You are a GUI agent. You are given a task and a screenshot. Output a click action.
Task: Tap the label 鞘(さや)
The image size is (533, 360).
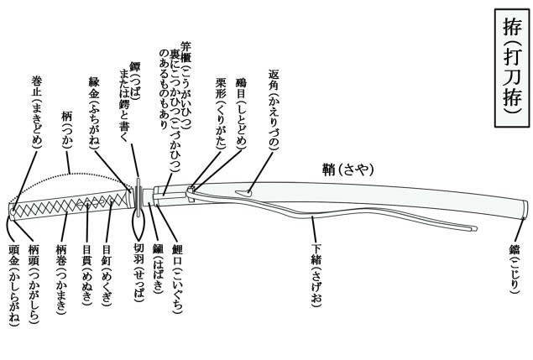point(344,169)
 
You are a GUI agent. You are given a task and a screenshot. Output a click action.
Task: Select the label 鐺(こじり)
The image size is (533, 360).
point(515,263)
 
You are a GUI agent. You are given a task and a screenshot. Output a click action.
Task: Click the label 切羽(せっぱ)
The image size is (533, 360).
point(139,269)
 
